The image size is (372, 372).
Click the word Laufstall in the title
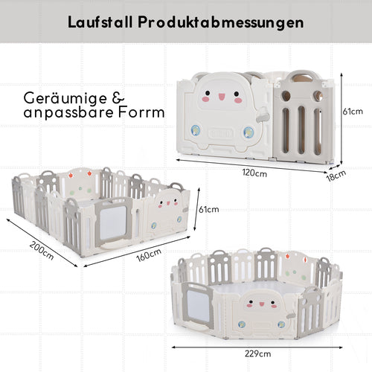100,22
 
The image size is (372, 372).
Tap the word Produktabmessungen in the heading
221,23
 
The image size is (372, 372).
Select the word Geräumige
65,99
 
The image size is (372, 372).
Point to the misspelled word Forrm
141,112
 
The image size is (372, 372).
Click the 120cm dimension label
254,173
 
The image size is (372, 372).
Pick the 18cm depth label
336,176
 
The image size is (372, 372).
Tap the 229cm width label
257,353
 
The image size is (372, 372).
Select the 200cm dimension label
42,251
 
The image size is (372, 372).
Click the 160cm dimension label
149,255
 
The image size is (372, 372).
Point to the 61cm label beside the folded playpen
353,112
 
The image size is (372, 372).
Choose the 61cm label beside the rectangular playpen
209,209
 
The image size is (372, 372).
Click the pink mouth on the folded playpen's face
221,97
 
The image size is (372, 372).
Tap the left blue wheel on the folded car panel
196,130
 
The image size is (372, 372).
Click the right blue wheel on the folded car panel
248,132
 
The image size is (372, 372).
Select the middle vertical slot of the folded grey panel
301,129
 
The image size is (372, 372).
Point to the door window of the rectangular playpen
113,222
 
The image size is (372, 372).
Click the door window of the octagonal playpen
199,307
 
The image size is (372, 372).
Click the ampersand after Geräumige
118,98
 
